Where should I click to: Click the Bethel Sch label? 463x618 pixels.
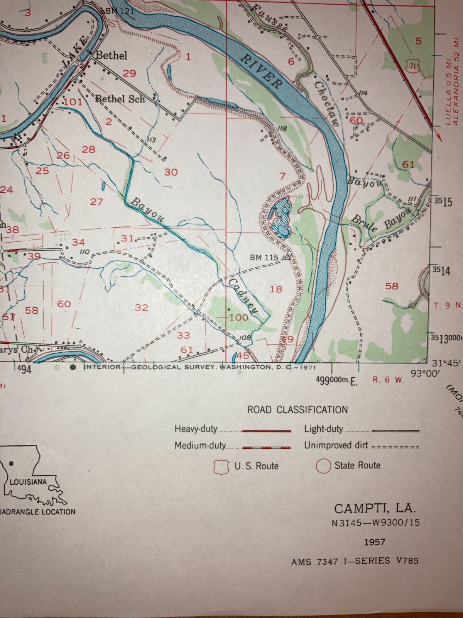point(120,99)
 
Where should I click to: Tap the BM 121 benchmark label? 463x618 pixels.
point(119,11)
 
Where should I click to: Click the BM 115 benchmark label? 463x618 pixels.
point(264,257)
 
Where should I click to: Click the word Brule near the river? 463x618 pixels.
point(364,224)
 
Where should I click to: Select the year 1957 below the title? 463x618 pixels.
point(375,542)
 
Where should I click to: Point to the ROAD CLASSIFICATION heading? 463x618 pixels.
point(297,410)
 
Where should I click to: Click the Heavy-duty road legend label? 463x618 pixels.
point(196,429)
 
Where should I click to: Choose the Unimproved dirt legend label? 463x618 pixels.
point(336,445)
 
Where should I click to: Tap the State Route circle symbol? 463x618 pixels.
point(323,466)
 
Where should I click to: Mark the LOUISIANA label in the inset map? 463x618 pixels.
point(28,482)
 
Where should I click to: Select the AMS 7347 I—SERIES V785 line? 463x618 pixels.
point(355,561)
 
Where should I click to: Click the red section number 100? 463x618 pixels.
point(239,317)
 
